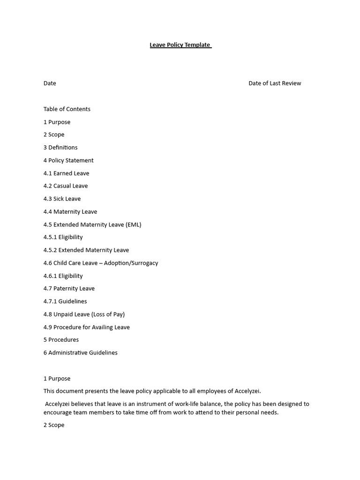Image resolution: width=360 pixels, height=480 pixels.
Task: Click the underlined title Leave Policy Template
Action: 180,45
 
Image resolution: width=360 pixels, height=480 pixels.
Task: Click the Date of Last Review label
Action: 275,83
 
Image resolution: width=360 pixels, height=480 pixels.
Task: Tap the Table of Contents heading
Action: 67,109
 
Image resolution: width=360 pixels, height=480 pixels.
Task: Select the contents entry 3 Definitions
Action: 60,148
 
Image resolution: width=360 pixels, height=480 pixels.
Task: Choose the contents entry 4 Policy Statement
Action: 68,160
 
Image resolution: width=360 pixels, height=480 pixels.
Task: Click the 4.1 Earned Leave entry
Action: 66,173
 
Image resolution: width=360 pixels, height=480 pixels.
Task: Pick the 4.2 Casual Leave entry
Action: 66,186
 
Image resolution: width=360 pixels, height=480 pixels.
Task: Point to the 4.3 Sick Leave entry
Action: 62,199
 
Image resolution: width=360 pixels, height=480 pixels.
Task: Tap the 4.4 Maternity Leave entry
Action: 70,212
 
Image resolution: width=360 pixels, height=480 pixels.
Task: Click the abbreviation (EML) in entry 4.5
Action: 134,225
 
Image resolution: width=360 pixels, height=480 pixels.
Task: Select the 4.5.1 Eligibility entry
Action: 63,237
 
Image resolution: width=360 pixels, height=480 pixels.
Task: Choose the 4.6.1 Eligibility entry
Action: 63,276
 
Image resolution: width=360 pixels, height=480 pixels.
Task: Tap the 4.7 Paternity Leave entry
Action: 69,289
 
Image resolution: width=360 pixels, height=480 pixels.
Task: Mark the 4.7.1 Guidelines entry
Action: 65,301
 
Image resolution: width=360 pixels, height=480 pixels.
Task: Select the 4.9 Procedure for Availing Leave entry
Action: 87,327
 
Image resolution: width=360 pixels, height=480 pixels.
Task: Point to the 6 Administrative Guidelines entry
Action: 81,353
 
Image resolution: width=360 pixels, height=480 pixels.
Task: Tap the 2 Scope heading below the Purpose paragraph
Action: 54,425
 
